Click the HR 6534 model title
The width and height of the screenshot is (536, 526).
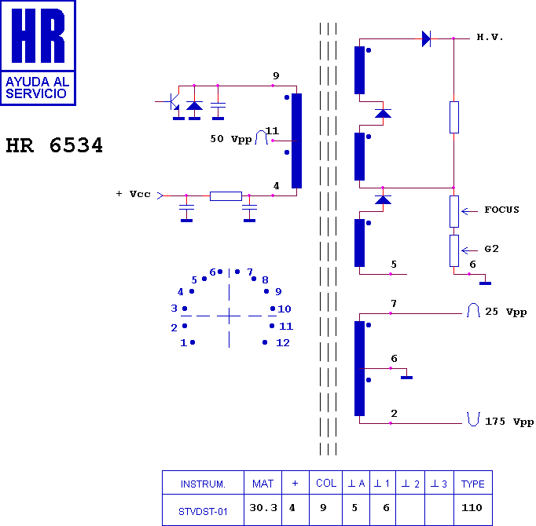click(x=54, y=145)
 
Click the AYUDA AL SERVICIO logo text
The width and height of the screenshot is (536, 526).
click(x=37, y=87)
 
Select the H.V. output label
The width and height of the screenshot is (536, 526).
click(x=490, y=37)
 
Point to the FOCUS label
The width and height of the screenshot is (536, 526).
click(x=501, y=210)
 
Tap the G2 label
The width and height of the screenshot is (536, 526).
click(x=491, y=249)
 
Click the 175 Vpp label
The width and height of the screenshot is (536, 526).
click(x=509, y=422)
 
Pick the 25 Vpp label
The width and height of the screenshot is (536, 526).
click(x=506, y=312)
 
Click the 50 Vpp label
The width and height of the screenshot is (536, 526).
click(x=231, y=139)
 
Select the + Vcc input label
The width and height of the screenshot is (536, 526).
click(x=134, y=194)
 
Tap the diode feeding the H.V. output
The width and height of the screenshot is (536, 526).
click(x=426, y=38)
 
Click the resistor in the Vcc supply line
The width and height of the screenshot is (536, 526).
click(x=226, y=196)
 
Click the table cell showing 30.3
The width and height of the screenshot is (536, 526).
click(x=262, y=510)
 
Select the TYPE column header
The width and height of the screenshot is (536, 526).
click(x=473, y=483)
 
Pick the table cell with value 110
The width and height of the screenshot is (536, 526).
click(x=473, y=510)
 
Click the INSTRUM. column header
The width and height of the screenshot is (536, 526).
click(x=203, y=483)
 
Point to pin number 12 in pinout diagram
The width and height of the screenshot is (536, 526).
click(x=283, y=342)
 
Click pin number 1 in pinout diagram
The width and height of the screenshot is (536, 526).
click(x=184, y=342)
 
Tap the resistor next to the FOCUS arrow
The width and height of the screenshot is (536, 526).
click(x=454, y=211)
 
